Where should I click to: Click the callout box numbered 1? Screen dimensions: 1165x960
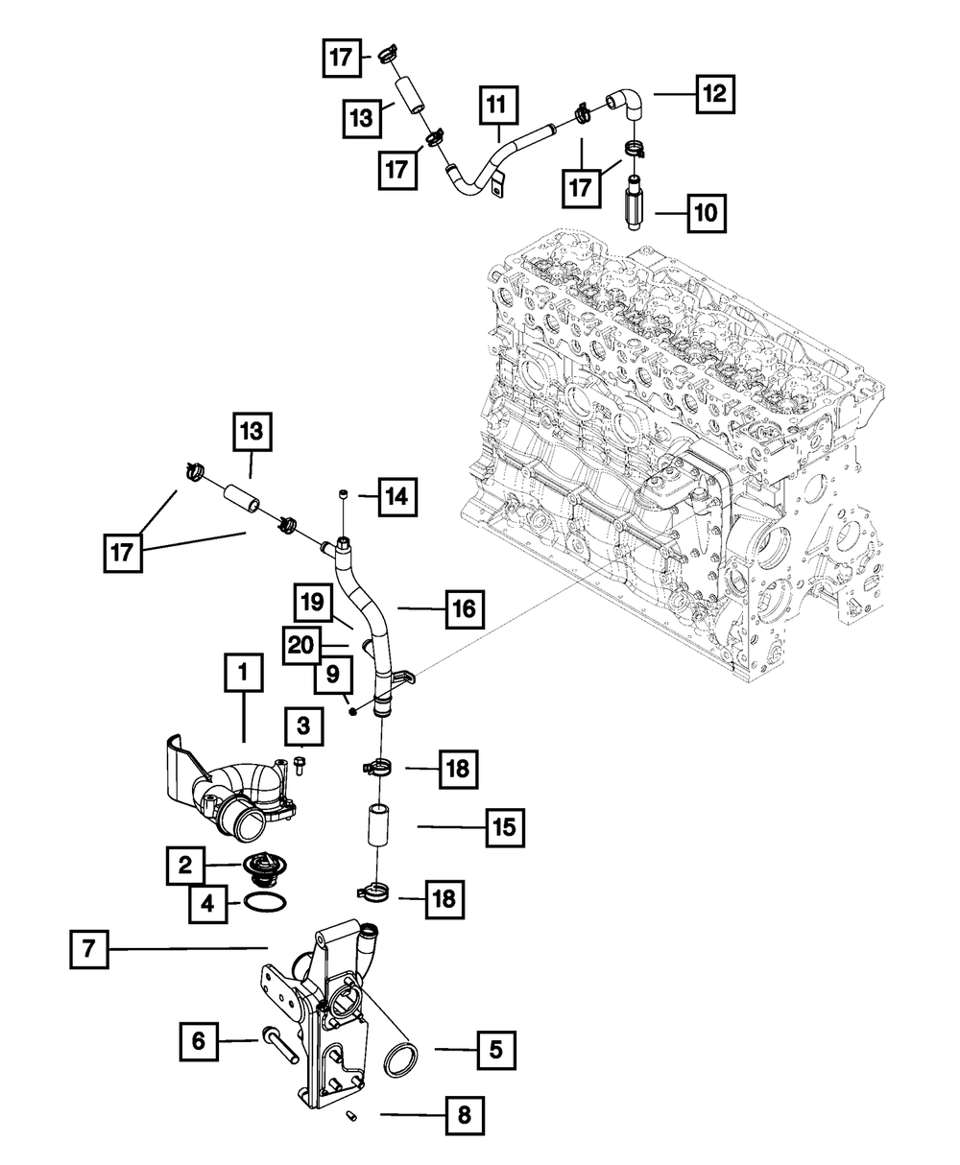(243, 675)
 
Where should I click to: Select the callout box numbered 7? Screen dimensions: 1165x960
(87, 949)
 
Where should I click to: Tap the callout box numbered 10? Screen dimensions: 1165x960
(706, 211)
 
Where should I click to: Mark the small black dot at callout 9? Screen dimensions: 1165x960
(353, 711)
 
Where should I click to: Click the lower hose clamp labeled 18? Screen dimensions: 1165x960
(376, 895)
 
